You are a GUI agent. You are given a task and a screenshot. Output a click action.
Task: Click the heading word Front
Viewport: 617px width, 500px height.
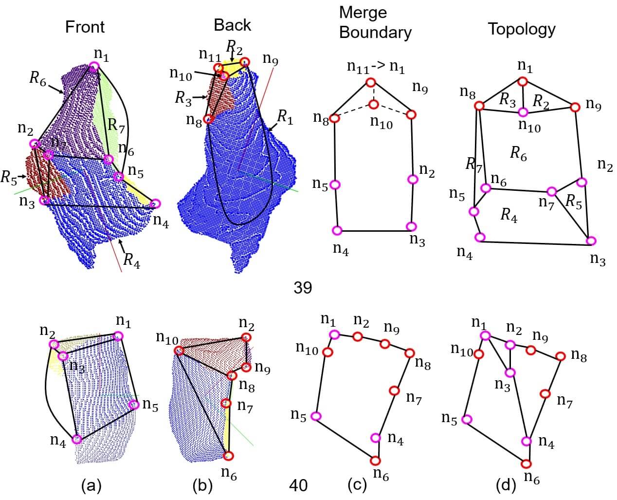coord(85,27)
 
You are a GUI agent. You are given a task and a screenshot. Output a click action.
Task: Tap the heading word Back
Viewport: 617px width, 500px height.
coord(232,25)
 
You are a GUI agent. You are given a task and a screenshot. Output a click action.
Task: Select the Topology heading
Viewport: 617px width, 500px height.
coord(521,29)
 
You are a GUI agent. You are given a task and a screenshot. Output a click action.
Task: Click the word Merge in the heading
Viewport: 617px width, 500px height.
coord(363,12)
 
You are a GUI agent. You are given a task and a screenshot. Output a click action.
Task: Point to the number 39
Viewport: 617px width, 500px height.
coord(303,288)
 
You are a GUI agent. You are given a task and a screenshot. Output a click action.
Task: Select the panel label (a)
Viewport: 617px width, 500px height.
coord(91,485)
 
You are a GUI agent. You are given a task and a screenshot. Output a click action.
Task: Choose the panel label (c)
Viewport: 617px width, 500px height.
coord(357,485)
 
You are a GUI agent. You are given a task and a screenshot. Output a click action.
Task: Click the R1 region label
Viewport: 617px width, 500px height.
coord(285,117)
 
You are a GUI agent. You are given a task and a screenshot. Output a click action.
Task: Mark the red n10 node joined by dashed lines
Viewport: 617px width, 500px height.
coord(373,104)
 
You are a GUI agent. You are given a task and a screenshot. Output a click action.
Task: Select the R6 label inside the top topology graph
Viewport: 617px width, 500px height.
coord(518,153)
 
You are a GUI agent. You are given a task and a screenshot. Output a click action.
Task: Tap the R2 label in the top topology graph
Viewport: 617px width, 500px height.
coord(541,101)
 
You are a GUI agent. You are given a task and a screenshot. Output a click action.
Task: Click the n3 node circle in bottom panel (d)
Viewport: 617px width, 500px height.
coord(509,372)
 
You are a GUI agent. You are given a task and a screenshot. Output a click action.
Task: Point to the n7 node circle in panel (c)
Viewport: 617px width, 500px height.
coord(394,390)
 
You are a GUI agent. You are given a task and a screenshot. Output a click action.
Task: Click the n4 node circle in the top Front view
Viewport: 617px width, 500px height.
coord(156,204)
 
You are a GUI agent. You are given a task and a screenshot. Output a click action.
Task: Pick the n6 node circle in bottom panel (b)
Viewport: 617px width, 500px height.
coord(229,456)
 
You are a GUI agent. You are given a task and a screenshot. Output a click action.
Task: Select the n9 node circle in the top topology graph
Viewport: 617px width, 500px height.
coord(575,107)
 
